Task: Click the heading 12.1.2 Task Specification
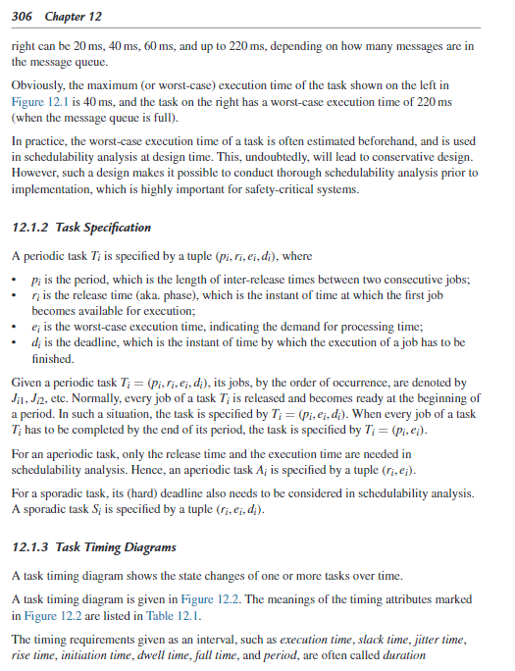82,228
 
